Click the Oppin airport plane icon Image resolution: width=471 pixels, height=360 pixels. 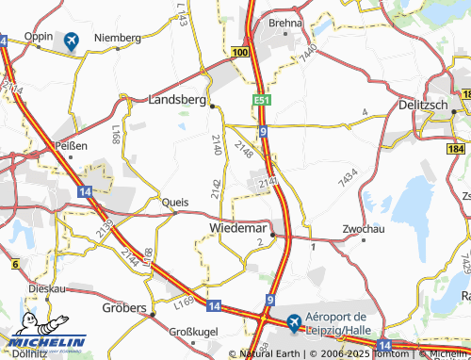71,41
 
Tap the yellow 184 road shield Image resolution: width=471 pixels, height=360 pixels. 458,149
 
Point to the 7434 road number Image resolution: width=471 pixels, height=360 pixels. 349,175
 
